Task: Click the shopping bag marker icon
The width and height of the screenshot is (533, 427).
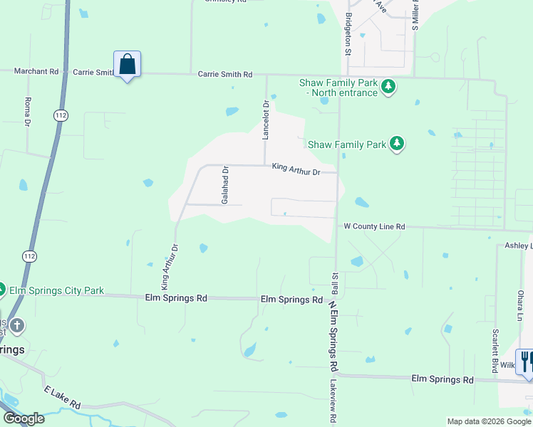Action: click(128, 64)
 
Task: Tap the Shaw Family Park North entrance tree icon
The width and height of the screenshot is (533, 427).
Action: click(388, 87)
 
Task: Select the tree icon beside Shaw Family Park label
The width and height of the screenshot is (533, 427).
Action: click(397, 144)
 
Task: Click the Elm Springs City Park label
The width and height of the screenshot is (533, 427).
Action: click(56, 290)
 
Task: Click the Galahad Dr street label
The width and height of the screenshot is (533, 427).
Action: click(224, 185)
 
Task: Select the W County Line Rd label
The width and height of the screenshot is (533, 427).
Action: click(374, 226)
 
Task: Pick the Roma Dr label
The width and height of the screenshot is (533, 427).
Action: click(28, 112)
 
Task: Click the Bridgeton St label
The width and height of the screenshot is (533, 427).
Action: click(348, 33)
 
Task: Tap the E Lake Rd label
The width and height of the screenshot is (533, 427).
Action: click(62, 398)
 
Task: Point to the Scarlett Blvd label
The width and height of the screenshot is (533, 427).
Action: click(495, 350)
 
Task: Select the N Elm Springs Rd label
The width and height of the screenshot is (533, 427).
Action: click(332, 334)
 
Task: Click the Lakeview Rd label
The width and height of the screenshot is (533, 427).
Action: click(332, 401)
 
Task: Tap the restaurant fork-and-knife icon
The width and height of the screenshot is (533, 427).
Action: click(527, 361)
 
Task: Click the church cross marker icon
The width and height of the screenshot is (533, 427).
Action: click(17, 326)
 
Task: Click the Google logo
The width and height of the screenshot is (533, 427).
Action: click(23, 418)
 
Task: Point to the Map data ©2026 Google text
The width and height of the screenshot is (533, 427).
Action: click(488, 421)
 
